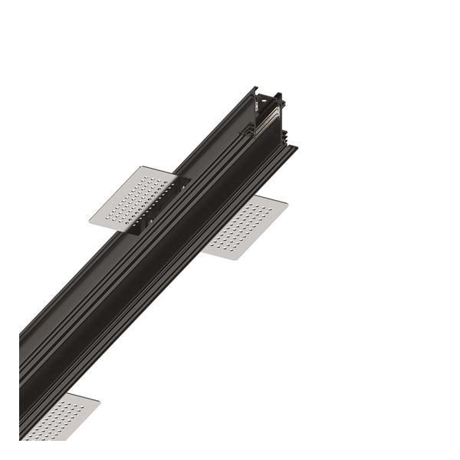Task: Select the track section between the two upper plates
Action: [195, 195]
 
